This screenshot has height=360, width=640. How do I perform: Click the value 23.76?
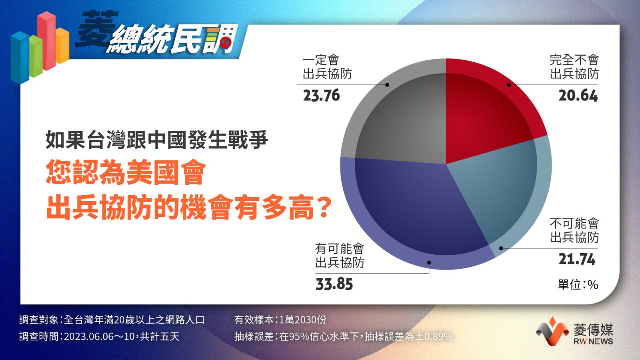pyautogui.click(x=322, y=96)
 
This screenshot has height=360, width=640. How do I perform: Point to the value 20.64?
pyautogui.click(x=578, y=96)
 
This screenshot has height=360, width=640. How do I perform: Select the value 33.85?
pyautogui.click(x=334, y=284)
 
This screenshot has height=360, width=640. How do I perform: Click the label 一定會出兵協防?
pyautogui.click(x=327, y=67)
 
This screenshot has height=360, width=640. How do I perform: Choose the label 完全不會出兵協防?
pyautogui.click(x=574, y=67)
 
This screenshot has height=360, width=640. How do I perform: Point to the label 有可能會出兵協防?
pyautogui.click(x=340, y=256)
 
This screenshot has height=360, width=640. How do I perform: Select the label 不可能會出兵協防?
pyautogui.click(x=574, y=230)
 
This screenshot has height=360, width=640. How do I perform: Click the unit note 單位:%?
pyautogui.click(x=578, y=285)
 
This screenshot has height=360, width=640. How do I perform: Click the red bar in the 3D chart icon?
pyautogui.click(x=46, y=40)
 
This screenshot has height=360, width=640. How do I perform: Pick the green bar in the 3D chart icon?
pyautogui.click(x=36, y=56)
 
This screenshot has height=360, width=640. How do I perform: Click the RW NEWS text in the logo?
pyautogui.click(x=593, y=341)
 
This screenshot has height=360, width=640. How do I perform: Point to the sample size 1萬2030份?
pyautogui.click(x=302, y=320)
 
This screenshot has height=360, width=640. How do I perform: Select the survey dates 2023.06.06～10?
pyautogui.click(x=100, y=336)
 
